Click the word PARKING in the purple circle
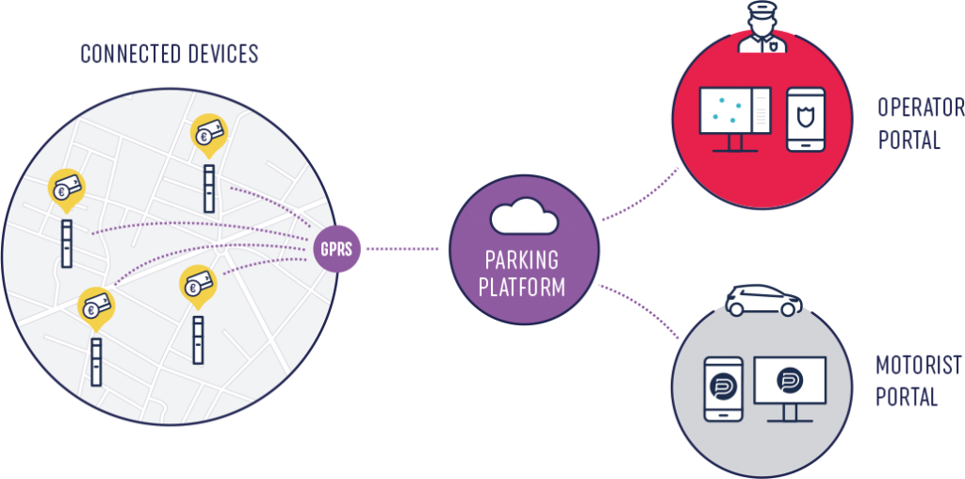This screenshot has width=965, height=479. tap(522, 259)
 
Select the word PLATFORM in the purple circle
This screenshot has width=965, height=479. tap(522, 286)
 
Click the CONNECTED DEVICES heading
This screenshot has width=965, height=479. tap(169, 54)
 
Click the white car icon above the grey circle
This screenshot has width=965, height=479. tap(763, 300)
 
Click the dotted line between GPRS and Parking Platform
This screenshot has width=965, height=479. tap(401, 249)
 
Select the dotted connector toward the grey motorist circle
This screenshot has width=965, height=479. tap(641, 312)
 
